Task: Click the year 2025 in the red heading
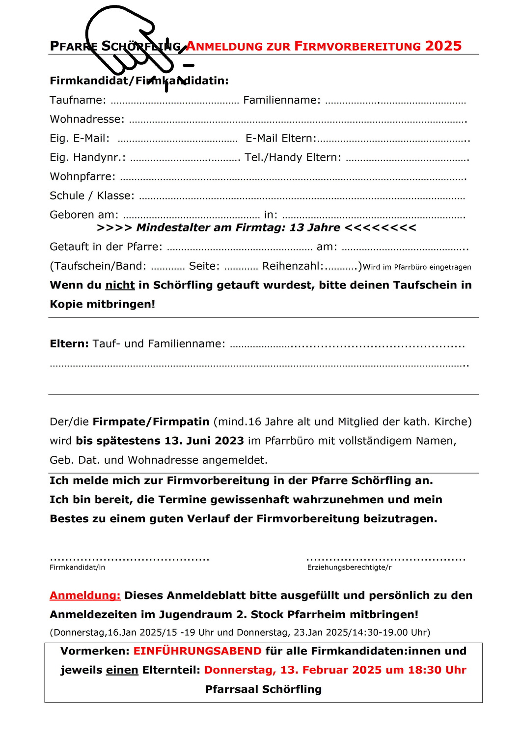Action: click(x=443, y=46)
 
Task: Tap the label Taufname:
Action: click(x=78, y=100)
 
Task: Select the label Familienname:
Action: click(x=282, y=100)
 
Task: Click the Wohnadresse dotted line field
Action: click(x=298, y=121)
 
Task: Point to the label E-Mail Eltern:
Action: click(x=281, y=139)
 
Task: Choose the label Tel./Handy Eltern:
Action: click(x=293, y=158)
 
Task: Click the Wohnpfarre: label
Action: click(x=82, y=177)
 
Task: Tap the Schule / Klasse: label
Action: click(x=92, y=196)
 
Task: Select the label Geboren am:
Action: click(x=84, y=215)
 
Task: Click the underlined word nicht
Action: click(x=120, y=285)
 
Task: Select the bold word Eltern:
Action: click(x=69, y=344)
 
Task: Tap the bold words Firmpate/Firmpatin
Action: click(x=151, y=422)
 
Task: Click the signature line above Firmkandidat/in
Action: click(x=130, y=559)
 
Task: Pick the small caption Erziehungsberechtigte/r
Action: click(x=349, y=567)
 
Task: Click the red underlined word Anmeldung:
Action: click(x=85, y=595)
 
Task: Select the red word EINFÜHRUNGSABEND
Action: click(x=197, y=651)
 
